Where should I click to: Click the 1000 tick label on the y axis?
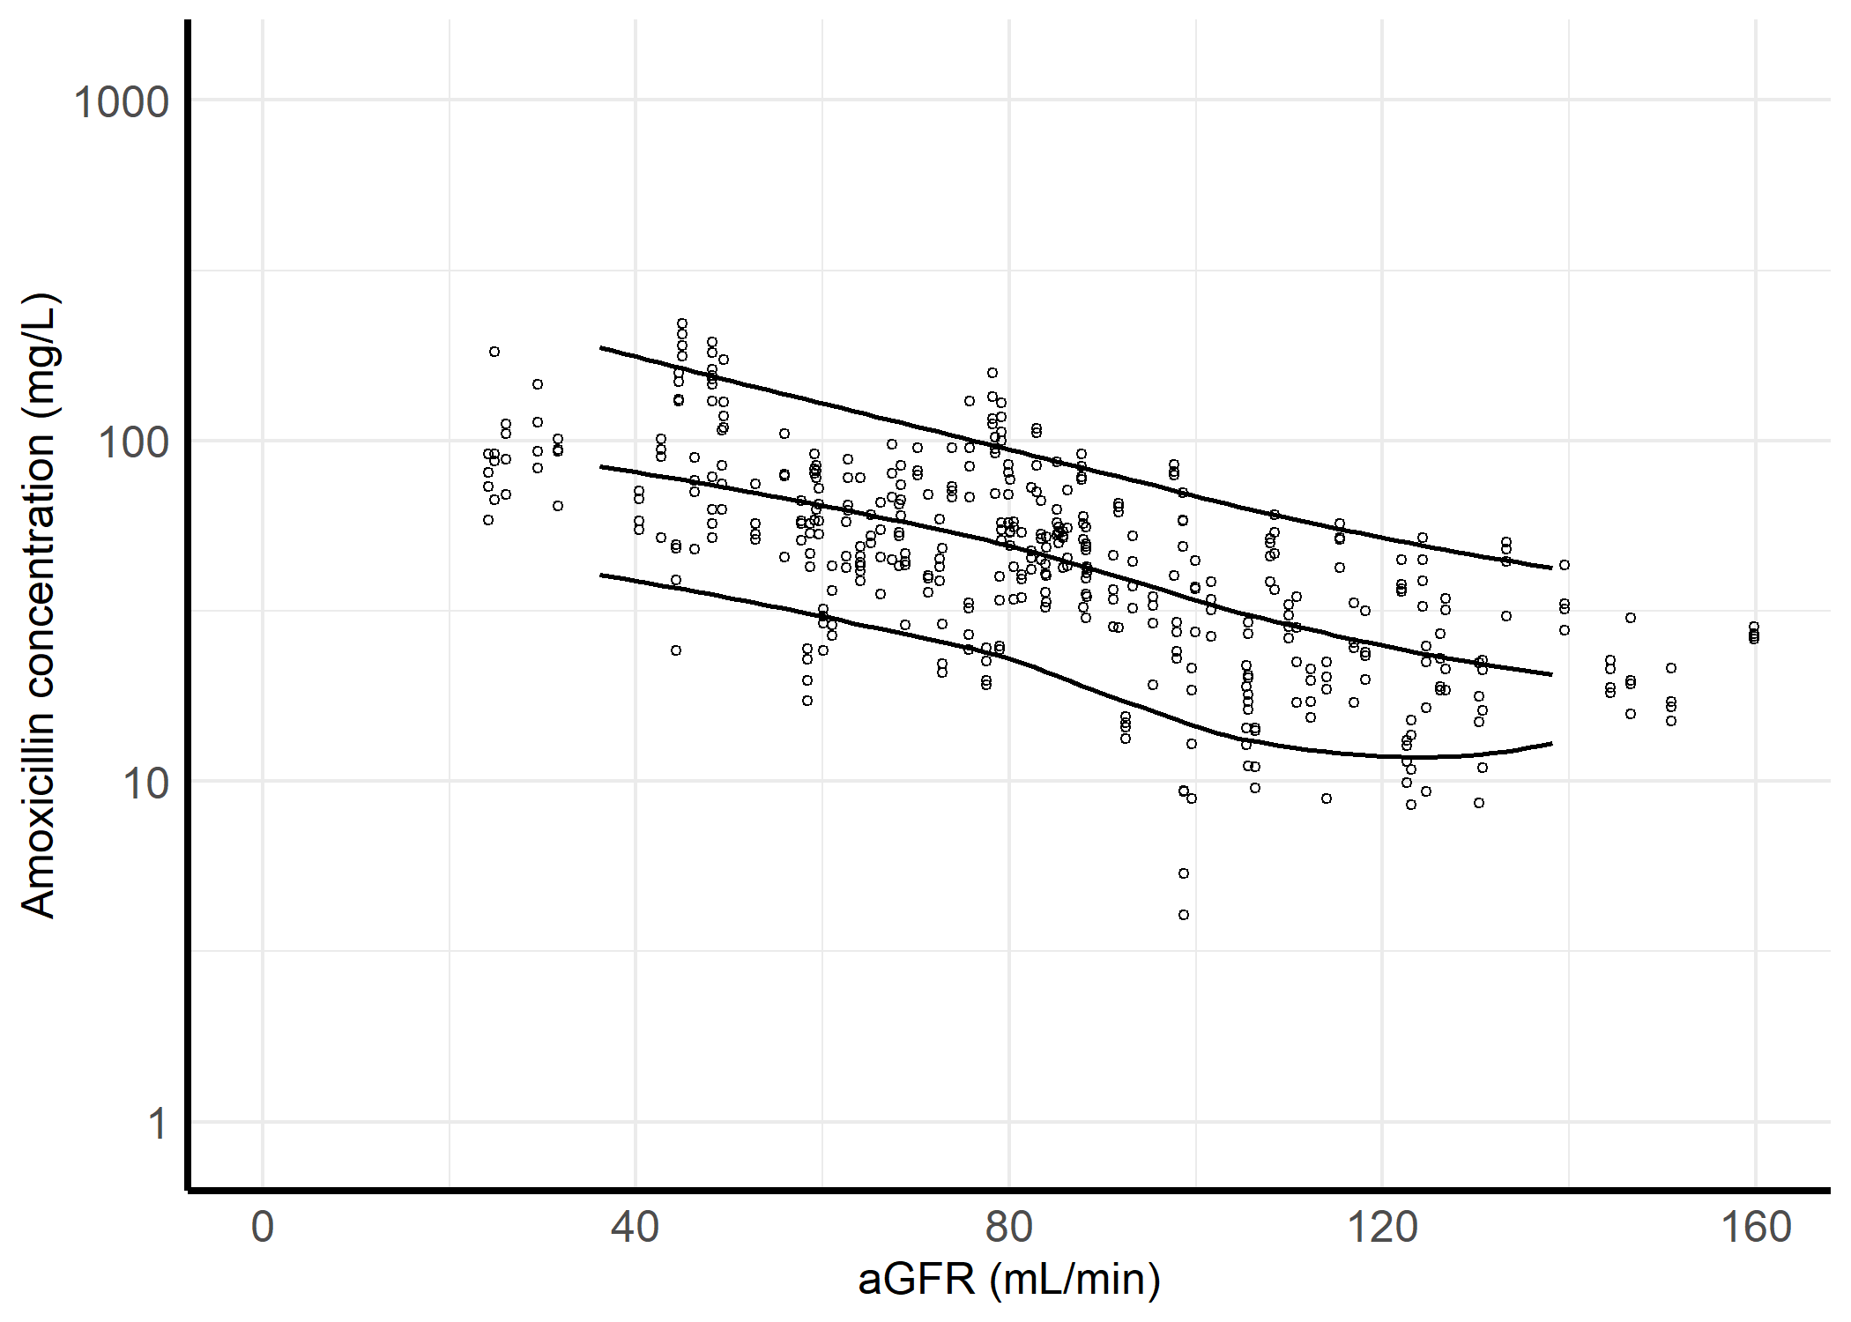(121, 103)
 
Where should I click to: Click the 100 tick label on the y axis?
(132, 442)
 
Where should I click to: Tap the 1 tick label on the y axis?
(157, 1124)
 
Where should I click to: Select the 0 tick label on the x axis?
(263, 1228)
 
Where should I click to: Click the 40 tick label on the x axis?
(636, 1228)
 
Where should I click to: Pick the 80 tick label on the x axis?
(1008, 1228)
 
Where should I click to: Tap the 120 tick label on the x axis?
(1381, 1228)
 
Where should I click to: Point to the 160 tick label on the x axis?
(1755, 1228)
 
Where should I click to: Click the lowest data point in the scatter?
(1184, 915)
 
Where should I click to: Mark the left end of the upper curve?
(600, 347)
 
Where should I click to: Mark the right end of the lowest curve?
(1551, 744)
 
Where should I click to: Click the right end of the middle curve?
(1551, 674)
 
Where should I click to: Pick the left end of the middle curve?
(600, 466)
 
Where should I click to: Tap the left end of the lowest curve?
(600, 575)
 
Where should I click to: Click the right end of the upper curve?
(1551, 568)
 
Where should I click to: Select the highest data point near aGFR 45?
(682, 323)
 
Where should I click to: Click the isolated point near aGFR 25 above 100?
(494, 352)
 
